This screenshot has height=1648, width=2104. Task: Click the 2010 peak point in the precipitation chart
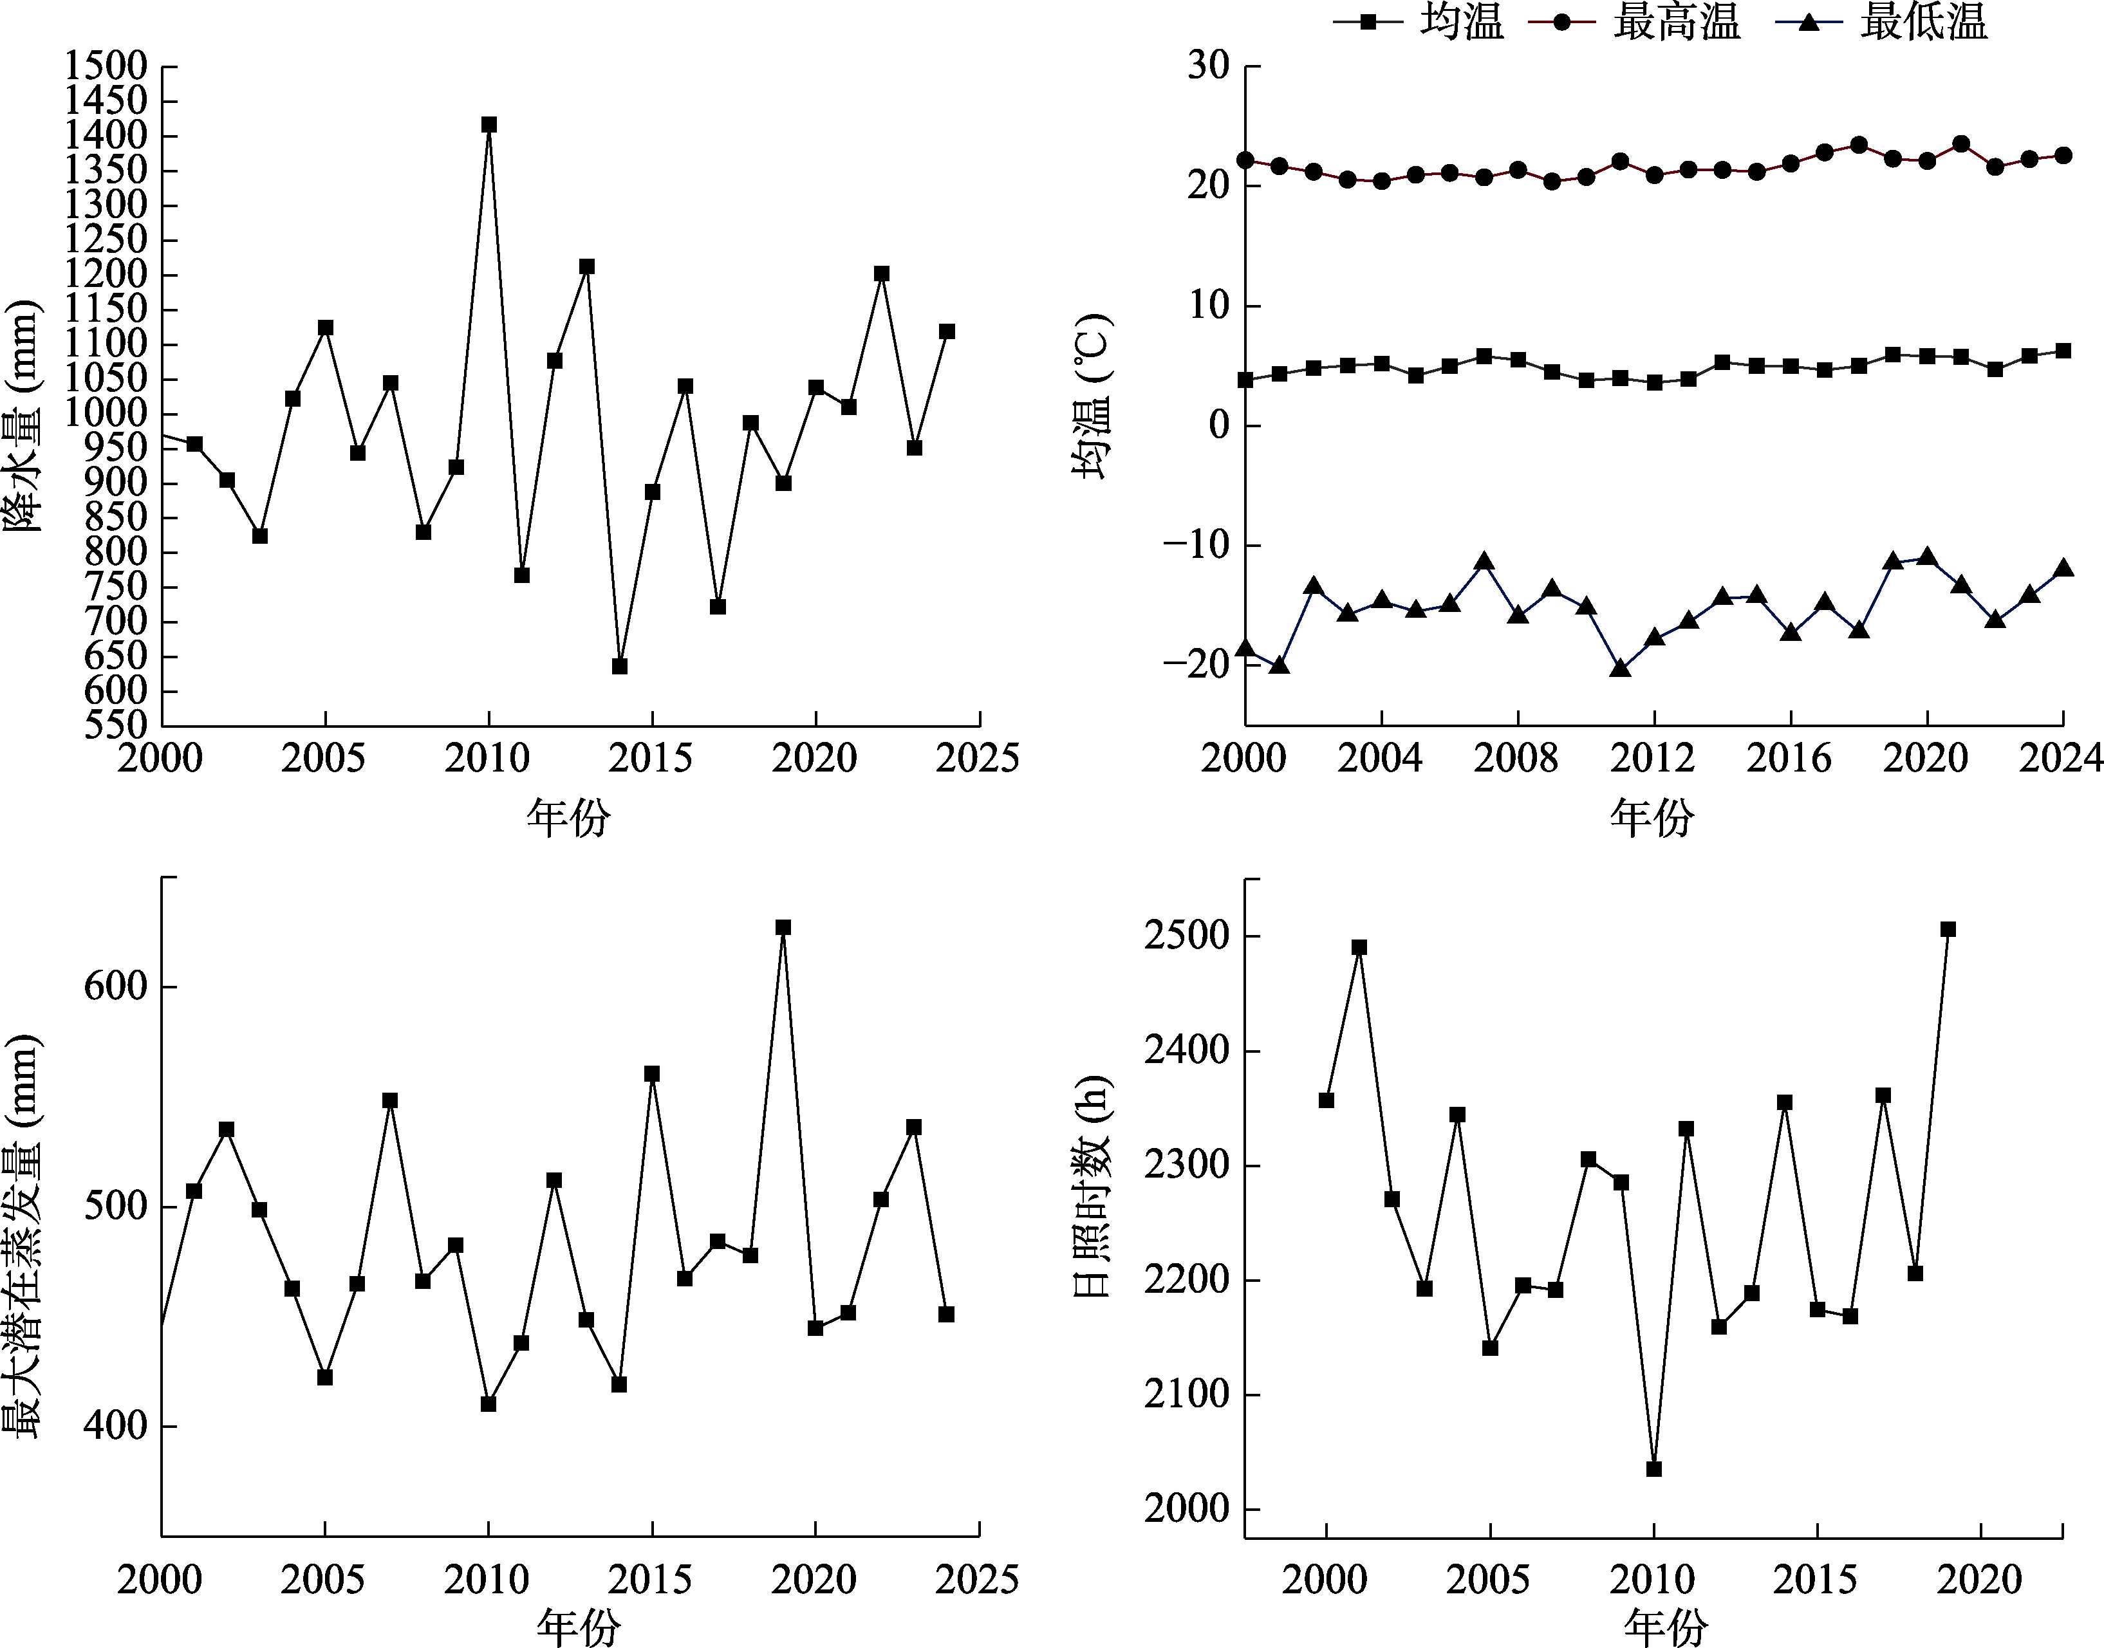(x=489, y=124)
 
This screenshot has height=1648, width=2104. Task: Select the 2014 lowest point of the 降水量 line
(x=620, y=666)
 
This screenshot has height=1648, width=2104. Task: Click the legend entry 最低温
(x=1882, y=22)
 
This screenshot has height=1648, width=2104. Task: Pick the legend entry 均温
(x=1419, y=22)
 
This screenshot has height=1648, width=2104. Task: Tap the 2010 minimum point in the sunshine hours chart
(x=1653, y=1468)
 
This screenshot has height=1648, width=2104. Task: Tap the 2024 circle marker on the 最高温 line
(x=2063, y=155)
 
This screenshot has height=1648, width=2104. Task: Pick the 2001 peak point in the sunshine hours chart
(x=1359, y=947)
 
